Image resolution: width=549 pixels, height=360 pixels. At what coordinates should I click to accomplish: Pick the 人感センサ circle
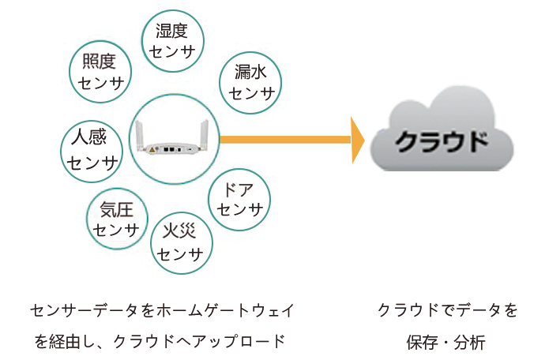pyautogui.click(x=92, y=150)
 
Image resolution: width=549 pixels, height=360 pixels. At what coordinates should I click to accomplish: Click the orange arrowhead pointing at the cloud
pyautogui.click(x=357, y=140)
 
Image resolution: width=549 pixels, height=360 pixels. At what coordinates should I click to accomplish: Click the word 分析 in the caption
pyautogui.click(x=471, y=343)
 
